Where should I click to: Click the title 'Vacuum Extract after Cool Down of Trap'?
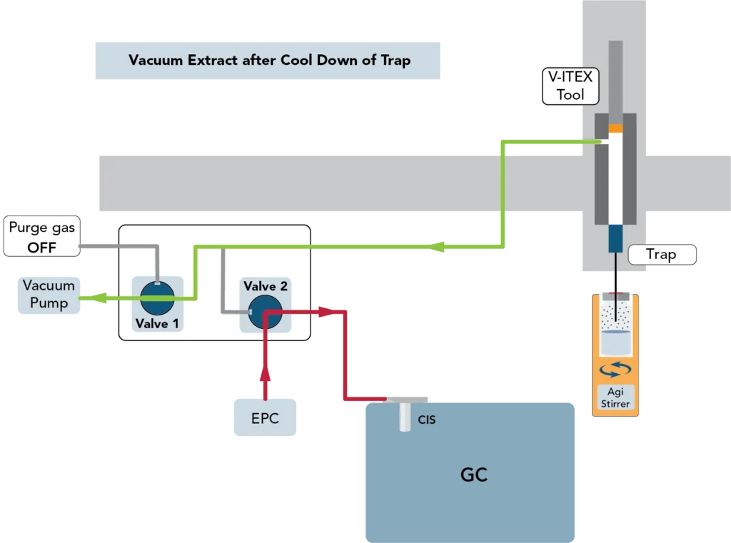tap(269, 60)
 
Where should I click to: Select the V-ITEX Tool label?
tap(570, 87)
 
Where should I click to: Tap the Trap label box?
tap(661, 255)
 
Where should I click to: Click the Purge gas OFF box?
tap(41, 238)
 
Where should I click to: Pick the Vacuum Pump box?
tap(49, 295)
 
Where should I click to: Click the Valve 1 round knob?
tap(156, 298)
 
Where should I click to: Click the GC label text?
tap(473, 475)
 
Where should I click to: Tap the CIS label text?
tap(426, 420)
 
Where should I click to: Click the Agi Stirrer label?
tap(615, 398)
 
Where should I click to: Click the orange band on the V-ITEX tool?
tap(615, 128)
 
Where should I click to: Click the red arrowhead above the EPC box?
tap(266, 372)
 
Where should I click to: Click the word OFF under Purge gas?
tap(41, 248)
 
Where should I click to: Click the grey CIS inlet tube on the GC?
tap(405, 417)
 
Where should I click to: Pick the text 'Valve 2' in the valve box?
tap(265, 287)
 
